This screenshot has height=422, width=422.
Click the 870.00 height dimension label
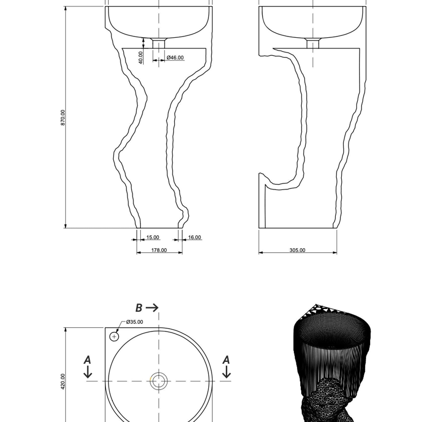(63, 118)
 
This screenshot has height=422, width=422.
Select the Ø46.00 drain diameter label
(175, 58)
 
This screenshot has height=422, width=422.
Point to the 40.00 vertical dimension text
(141, 58)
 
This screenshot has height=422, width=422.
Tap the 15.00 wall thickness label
(153, 237)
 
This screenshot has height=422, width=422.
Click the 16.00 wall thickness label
(195, 237)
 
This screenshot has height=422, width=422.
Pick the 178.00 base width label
(159, 250)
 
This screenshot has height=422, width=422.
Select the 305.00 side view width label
(297, 250)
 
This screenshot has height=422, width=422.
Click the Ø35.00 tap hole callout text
(134, 322)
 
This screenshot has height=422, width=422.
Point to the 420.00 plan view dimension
(63, 381)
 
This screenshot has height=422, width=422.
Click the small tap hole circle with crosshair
(114, 337)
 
